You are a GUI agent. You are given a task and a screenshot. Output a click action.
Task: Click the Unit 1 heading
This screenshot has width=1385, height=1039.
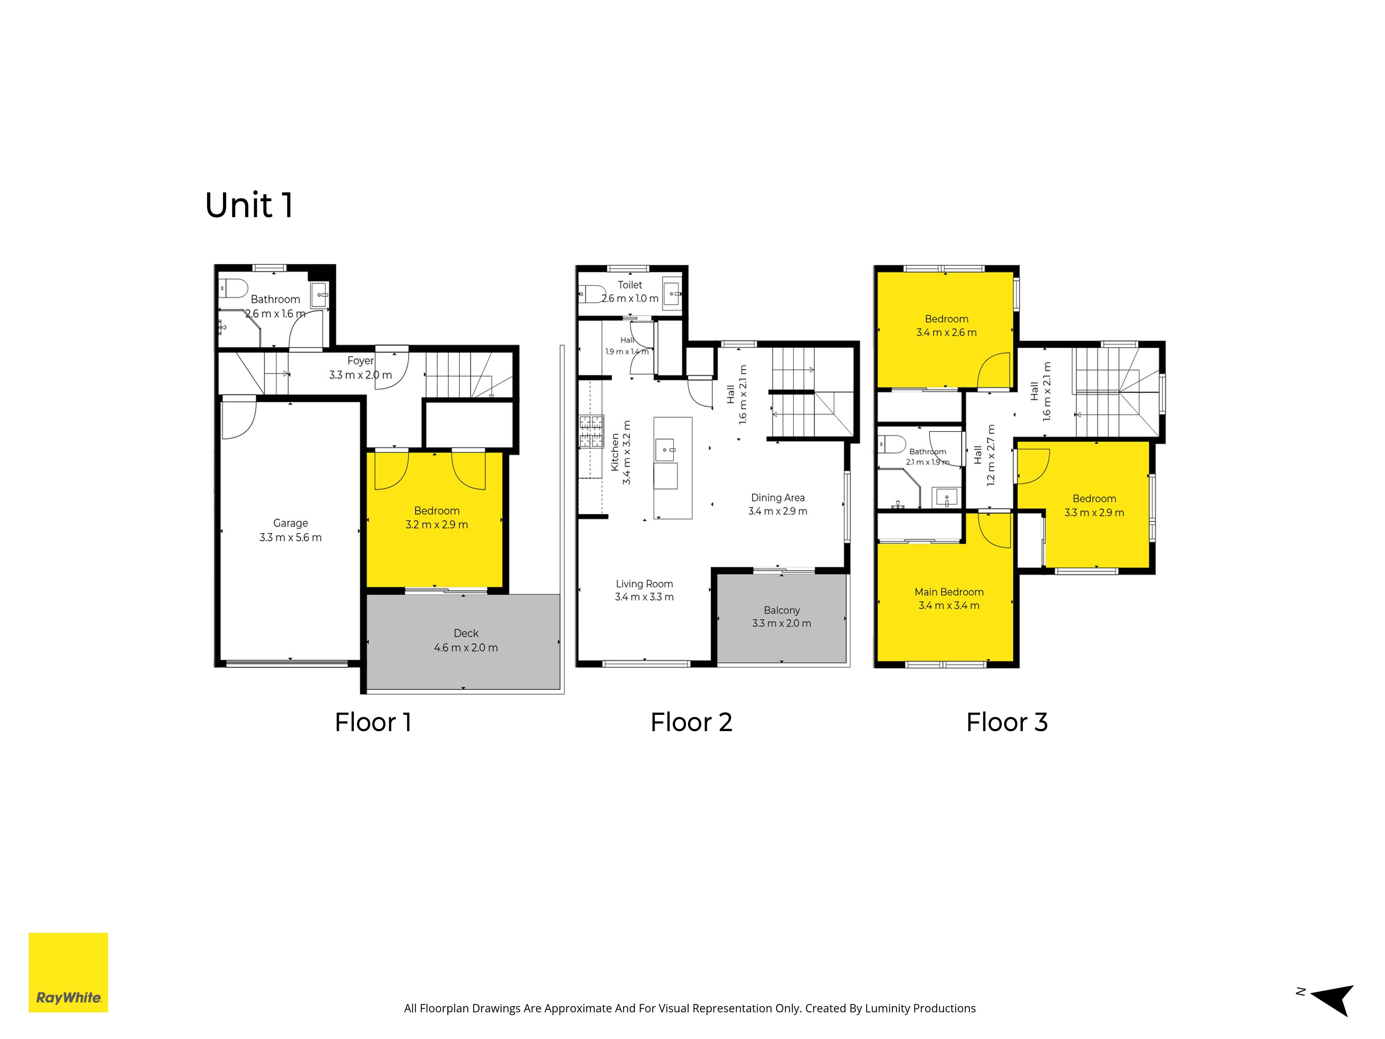pyautogui.click(x=249, y=205)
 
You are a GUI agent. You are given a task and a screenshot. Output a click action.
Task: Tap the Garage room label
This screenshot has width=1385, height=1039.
pyautogui.click(x=291, y=523)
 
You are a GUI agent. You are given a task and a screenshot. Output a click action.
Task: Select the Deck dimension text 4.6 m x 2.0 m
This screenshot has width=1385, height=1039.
pyautogui.click(x=466, y=648)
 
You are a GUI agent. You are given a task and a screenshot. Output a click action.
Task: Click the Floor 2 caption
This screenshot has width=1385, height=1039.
pyautogui.click(x=691, y=722)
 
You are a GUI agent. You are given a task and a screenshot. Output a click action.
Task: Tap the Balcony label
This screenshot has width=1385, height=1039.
pyautogui.click(x=781, y=610)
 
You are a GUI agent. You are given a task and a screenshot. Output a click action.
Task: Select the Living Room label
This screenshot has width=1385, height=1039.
pyautogui.click(x=644, y=584)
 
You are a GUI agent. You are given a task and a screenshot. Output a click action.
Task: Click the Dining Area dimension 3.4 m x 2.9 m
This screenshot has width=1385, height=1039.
pyautogui.click(x=778, y=511)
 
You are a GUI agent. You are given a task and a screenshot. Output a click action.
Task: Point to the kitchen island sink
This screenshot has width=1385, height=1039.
pyautogui.click(x=665, y=450)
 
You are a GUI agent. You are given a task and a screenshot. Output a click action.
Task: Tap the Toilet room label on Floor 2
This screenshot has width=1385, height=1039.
pyautogui.click(x=630, y=285)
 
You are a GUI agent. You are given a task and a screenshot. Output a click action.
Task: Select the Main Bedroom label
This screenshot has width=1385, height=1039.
pyautogui.click(x=949, y=592)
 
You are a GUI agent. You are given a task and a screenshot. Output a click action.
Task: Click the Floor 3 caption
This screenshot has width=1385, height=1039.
pyautogui.click(x=1007, y=722)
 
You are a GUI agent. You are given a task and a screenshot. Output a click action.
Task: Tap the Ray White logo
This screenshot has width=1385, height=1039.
pyautogui.click(x=68, y=973)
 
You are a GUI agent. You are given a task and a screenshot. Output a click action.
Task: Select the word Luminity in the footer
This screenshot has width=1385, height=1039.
pyautogui.click(x=888, y=1008)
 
